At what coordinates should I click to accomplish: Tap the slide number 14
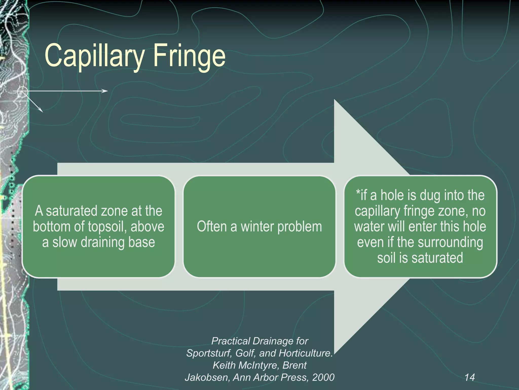(x=470, y=377)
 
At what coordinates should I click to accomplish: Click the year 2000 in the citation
(x=323, y=377)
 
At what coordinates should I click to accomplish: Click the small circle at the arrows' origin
(x=23, y=92)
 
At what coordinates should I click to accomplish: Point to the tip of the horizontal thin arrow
(x=107, y=91)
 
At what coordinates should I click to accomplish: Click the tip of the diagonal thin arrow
(x=43, y=112)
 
